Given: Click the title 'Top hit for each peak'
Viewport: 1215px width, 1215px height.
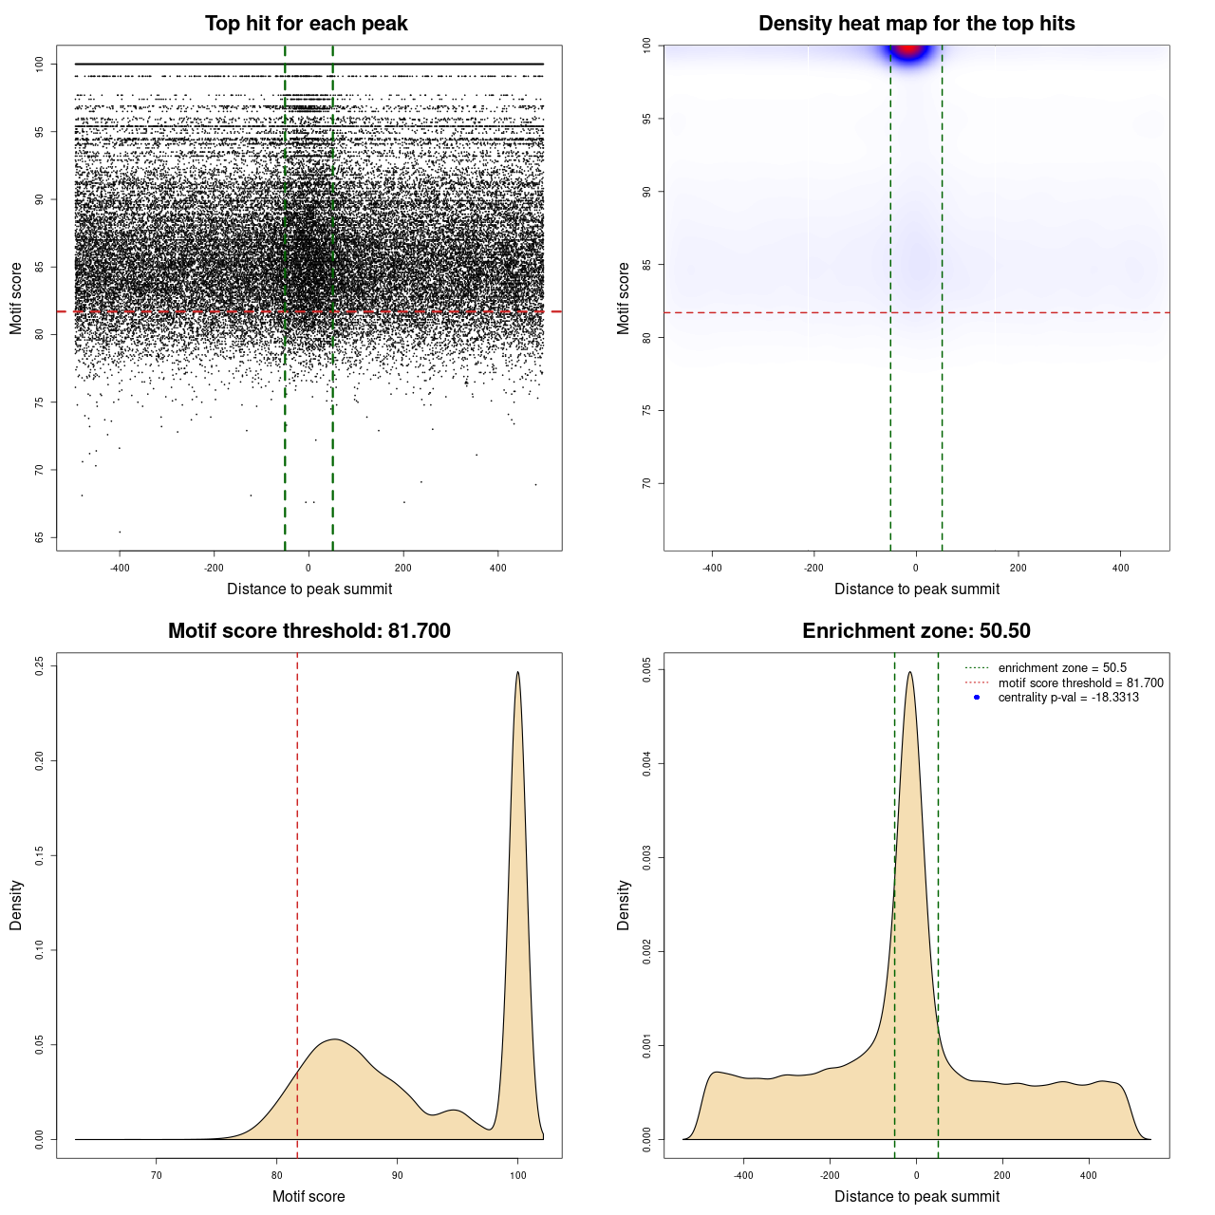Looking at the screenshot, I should [x=307, y=24].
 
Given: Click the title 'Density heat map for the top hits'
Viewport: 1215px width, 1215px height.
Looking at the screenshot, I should [x=916, y=24].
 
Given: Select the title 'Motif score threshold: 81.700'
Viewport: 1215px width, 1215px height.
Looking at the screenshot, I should [x=308, y=631].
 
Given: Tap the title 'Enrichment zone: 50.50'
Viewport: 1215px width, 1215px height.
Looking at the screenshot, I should [x=916, y=631].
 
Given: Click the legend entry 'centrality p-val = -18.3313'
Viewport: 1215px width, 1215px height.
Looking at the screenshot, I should [x=1068, y=698].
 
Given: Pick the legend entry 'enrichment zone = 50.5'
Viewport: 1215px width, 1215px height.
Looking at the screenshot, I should [x=1062, y=668].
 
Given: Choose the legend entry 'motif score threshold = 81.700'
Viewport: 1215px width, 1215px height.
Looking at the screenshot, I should [x=1080, y=683].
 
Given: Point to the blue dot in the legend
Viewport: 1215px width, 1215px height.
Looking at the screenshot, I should [x=977, y=698].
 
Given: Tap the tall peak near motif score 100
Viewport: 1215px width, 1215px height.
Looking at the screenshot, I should [x=517, y=674].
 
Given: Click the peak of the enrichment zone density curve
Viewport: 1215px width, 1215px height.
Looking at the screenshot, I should [x=910, y=673].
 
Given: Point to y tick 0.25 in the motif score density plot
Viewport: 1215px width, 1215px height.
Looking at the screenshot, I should [x=39, y=666].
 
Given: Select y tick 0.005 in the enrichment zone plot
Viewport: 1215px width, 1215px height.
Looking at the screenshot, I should [x=646, y=670].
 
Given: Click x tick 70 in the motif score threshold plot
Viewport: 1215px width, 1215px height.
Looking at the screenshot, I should [x=157, y=1175].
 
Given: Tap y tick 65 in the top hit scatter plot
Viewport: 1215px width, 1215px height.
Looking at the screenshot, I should [x=39, y=537].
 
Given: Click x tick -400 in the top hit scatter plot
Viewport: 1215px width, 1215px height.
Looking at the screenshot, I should [x=120, y=568].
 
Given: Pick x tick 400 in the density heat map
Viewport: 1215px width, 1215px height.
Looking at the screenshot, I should [x=1121, y=568].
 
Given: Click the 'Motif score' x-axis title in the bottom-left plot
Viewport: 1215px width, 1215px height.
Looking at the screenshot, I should [x=308, y=1196].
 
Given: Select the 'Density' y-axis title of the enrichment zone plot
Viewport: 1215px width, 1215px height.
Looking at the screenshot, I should [x=624, y=905].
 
